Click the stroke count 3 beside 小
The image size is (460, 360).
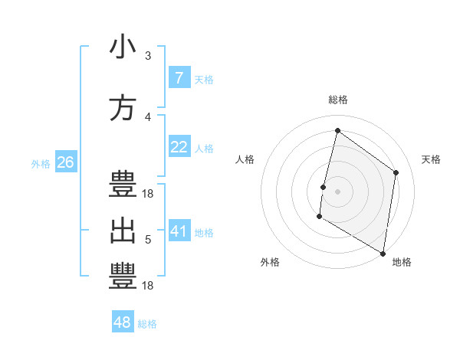tap(148, 56)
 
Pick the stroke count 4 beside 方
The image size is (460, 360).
tap(148, 117)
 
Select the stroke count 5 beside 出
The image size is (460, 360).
tap(148, 240)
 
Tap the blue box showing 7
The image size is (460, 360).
tap(179, 77)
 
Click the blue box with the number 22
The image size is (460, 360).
tap(179, 147)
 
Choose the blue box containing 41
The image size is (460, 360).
tap(179, 231)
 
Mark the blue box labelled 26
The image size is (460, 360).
tap(65, 162)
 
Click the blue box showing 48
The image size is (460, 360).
tap(123, 322)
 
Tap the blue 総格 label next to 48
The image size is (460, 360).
tap(147, 324)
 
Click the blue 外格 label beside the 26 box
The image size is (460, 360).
tap(41, 163)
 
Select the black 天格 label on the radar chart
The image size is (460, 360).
tap(432, 159)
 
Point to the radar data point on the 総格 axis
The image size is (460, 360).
tap(337, 131)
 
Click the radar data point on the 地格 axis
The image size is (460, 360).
tap(383, 253)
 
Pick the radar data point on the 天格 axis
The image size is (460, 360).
tap(396, 172)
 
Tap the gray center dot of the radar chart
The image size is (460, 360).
tap(337, 191)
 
